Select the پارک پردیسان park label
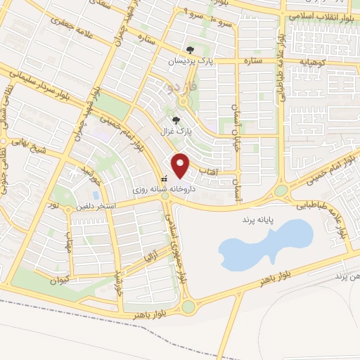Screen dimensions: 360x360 [x=189, y=62]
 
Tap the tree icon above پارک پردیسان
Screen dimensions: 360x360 [x=190, y=50]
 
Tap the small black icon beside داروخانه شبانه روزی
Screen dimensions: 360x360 [x=164, y=178]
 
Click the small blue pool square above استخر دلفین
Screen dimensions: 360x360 [x=96, y=194]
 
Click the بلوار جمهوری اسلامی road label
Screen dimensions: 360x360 [x=177, y=243]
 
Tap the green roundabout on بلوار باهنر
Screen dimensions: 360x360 [x=188, y=307]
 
